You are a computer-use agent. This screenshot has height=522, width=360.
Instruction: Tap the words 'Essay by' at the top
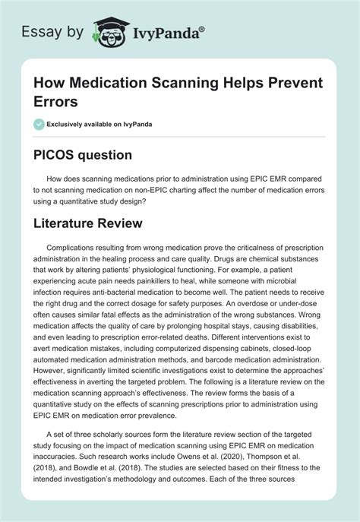(51, 30)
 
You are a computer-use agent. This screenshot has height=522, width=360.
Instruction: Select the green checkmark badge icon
(39, 122)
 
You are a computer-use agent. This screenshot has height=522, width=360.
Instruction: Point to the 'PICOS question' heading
(82, 154)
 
